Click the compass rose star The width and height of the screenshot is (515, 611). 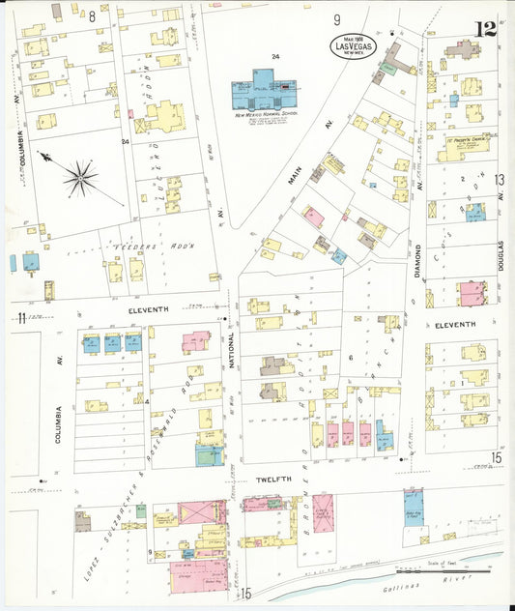(x=80, y=177)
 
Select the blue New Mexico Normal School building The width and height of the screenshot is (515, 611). (x=266, y=90)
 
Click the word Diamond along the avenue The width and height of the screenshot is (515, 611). (x=418, y=262)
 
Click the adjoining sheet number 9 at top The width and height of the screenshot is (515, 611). (x=337, y=19)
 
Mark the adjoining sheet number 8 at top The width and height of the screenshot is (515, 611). (x=93, y=16)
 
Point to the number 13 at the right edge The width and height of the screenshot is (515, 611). (x=499, y=180)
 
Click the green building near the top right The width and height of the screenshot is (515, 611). (x=388, y=69)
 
